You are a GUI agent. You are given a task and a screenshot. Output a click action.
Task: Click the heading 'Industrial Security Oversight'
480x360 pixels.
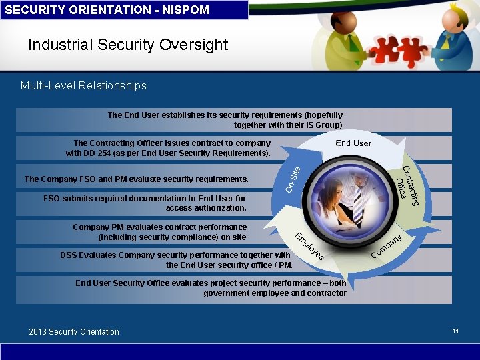128,45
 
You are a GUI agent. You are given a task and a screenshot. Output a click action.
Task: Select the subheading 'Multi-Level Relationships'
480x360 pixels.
83,85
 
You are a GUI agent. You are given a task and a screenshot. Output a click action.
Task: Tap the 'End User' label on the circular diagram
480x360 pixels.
353,143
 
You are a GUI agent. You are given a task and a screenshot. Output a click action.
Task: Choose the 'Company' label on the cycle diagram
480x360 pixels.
387,246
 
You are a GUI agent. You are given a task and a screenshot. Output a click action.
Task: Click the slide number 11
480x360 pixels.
455,331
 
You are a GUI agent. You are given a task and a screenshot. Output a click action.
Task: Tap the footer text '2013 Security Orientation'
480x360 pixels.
74,331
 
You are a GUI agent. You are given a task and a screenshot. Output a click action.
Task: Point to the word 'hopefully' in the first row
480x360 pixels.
323,115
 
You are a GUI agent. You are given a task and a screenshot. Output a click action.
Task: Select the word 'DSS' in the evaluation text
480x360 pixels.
69,255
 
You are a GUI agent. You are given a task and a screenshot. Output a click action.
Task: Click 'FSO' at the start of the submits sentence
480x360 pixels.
51,198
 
